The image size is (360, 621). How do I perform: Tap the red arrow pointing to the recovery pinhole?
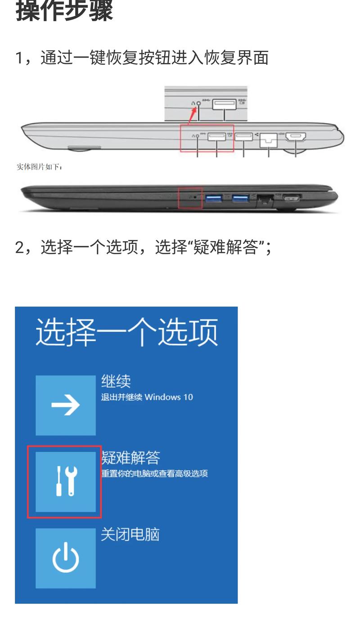click(192, 115)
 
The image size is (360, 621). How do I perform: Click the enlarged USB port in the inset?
click(224, 104)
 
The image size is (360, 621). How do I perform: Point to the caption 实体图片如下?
click(39, 167)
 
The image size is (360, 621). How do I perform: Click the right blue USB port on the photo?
click(241, 198)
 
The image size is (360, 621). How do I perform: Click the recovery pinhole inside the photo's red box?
click(195, 197)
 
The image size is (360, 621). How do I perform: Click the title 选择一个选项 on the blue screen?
click(126, 332)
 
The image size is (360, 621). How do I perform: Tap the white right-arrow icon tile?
click(66, 405)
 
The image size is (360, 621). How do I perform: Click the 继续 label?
click(116, 381)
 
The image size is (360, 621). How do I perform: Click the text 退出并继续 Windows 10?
click(147, 397)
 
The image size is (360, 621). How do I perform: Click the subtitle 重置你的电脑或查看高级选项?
click(154, 473)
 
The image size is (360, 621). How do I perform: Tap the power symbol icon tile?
click(66, 558)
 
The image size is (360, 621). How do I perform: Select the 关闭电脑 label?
click(130, 534)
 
